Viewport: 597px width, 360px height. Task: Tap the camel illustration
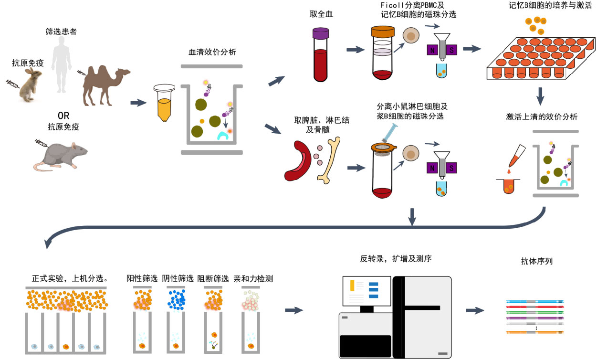[105, 84]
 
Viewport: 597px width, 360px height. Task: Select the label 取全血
[321, 13]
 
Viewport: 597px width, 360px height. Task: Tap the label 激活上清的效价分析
[541, 117]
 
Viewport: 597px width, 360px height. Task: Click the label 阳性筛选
[142, 278]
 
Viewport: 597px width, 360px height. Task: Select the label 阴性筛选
[178, 278]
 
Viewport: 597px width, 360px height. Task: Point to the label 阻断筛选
[213, 278]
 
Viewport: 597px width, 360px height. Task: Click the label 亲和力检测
[253, 278]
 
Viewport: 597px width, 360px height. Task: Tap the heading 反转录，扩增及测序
[396, 259]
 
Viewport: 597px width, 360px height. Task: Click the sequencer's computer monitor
[366, 291]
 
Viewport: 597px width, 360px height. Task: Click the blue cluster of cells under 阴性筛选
[177, 299]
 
